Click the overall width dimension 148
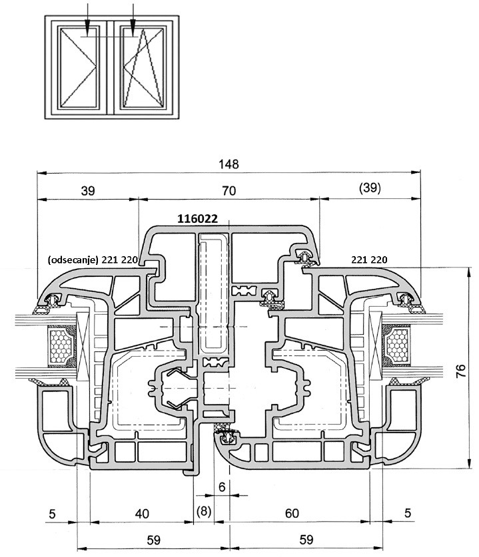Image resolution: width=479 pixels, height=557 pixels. point(229,164)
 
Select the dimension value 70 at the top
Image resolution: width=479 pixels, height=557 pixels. point(229,190)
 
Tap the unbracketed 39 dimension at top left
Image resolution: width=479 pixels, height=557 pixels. point(87,190)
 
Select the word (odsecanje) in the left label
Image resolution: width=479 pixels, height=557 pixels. point(73,260)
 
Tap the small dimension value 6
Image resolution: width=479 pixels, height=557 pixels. point(221,486)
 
